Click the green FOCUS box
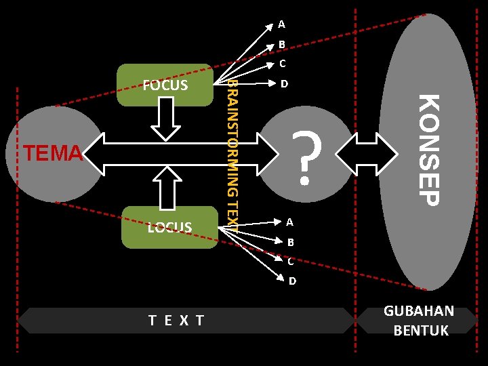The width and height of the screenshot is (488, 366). [165, 85]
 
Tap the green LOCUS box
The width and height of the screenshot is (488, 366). [169, 227]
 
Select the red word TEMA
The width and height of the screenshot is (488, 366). [52, 154]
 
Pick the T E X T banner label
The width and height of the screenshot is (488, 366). [176, 320]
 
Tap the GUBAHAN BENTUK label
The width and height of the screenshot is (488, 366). [419, 321]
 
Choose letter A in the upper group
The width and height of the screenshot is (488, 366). [281, 24]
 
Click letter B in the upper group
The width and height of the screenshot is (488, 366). [281, 45]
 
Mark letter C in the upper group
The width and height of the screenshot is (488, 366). [281, 64]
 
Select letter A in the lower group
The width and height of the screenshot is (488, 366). [289, 222]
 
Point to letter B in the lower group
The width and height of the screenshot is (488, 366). [290, 242]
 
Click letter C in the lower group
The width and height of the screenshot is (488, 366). [290, 261]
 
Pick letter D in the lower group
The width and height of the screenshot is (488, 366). [292, 281]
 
